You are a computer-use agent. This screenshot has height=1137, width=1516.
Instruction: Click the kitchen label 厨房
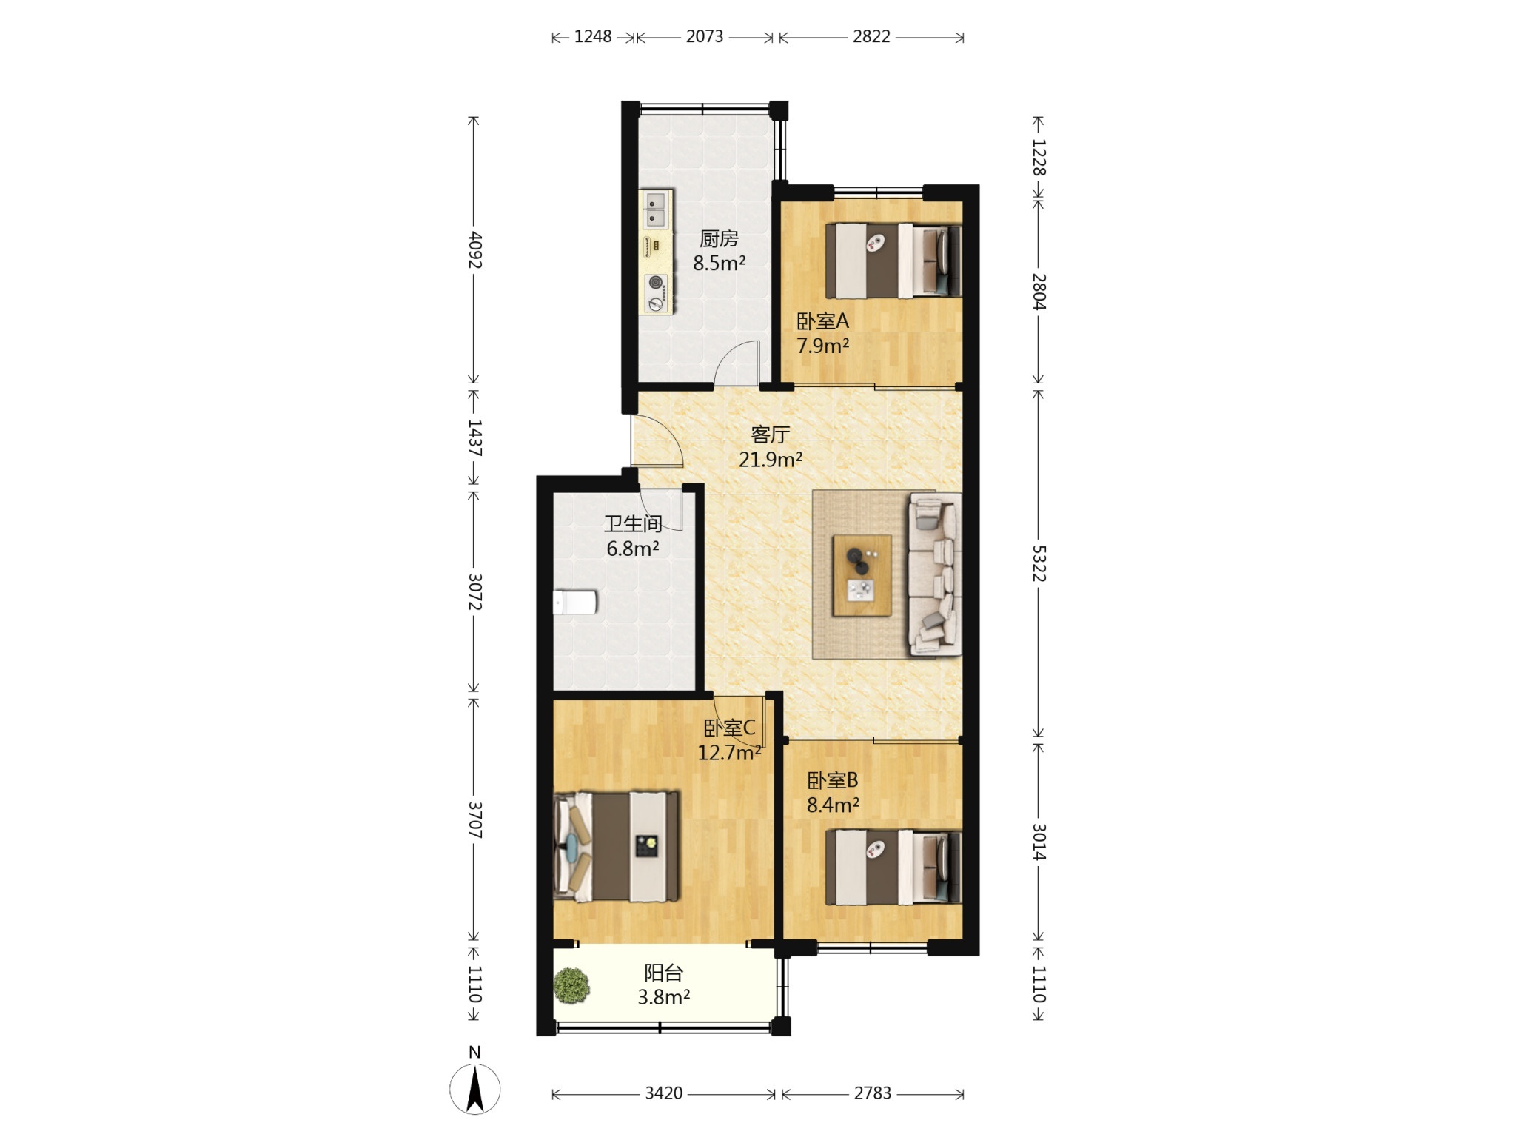click(x=719, y=239)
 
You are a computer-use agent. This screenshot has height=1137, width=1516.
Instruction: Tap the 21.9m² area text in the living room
click(x=771, y=460)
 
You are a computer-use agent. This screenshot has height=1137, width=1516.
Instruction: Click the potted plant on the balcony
click(x=571, y=986)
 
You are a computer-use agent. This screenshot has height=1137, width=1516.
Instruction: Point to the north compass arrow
click(x=475, y=1088)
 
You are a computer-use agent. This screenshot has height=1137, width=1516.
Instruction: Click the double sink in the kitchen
click(x=138, y=208)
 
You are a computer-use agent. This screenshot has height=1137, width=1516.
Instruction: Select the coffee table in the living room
click(x=862, y=575)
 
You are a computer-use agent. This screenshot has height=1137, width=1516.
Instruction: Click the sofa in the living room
click(x=935, y=574)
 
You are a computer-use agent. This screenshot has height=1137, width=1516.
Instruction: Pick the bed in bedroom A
click(x=893, y=261)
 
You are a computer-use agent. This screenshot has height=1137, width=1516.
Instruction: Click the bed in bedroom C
click(x=616, y=846)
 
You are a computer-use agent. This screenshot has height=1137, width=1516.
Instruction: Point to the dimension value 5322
click(x=1039, y=564)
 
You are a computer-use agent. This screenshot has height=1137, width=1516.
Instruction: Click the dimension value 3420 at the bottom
click(x=663, y=1093)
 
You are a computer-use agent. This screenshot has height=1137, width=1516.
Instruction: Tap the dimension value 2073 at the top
click(x=704, y=36)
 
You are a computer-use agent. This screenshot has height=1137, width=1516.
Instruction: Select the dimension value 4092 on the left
click(x=475, y=250)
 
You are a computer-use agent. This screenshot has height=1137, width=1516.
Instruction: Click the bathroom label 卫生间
click(x=633, y=524)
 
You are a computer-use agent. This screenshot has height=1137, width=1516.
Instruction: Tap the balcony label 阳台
click(x=663, y=973)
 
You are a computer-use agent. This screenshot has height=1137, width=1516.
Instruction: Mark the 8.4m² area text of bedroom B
click(x=833, y=805)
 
